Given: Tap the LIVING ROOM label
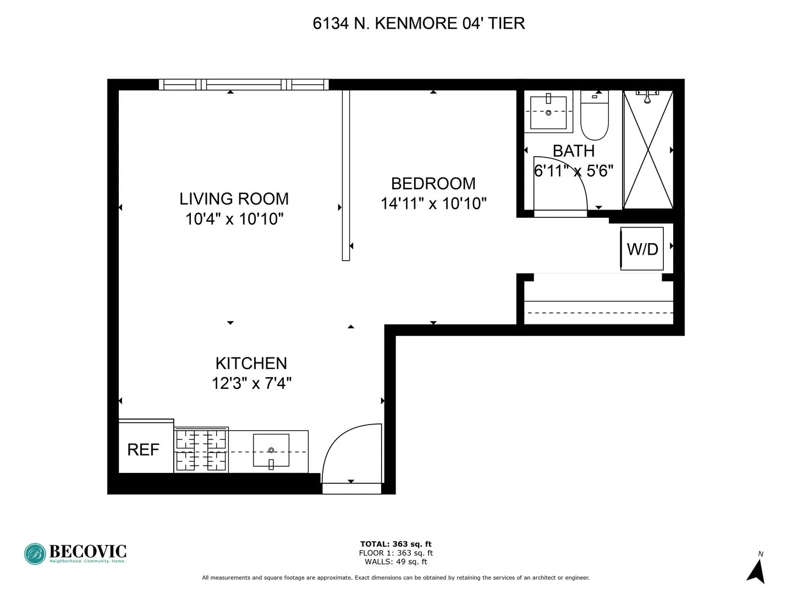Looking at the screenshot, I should click(x=234, y=199).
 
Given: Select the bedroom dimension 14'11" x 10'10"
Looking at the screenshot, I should click(x=433, y=204).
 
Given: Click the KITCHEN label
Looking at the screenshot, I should click(x=251, y=363).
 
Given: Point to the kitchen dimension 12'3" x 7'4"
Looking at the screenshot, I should click(x=251, y=383).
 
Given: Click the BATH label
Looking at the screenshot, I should click(x=573, y=151).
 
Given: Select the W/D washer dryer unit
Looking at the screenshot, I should click(x=642, y=249).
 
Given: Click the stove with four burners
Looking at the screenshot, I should click(x=201, y=450).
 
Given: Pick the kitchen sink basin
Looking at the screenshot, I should click(x=271, y=450).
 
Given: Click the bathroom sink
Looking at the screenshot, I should click(x=548, y=112).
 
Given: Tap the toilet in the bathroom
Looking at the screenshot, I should click(x=595, y=117).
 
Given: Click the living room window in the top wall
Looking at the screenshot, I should click(x=244, y=85).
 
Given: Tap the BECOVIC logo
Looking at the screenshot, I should click(x=75, y=553).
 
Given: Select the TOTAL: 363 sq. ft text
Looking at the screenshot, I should click(x=395, y=544).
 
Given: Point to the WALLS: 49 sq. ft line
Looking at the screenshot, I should click(x=395, y=562).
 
